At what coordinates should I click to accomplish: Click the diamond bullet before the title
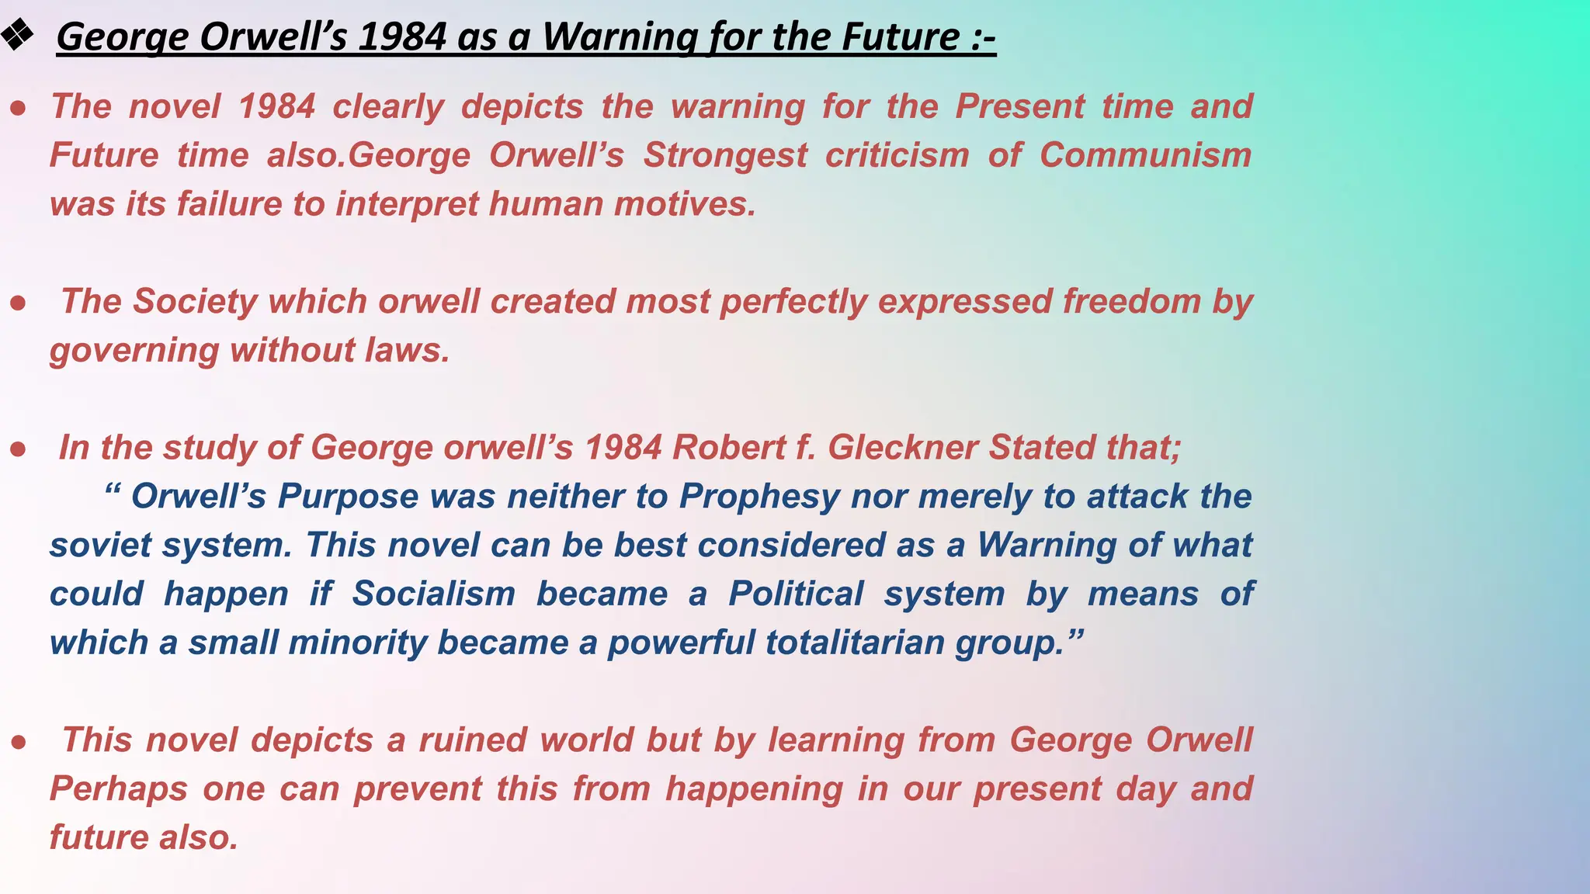tap(16, 36)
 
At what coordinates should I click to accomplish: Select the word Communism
tap(1145, 155)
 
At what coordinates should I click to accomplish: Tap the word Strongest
tap(725, 155)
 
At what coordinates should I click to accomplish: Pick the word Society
tap(195, 301)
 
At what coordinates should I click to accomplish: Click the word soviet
tap(100, 546)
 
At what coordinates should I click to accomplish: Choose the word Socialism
tap(433, 594)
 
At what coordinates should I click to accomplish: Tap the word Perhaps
tap(118, 789)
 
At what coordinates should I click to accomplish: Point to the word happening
tap(754, 789)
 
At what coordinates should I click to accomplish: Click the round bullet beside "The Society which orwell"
tap(19, 303)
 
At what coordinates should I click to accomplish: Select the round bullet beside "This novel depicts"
tap(19, 742)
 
